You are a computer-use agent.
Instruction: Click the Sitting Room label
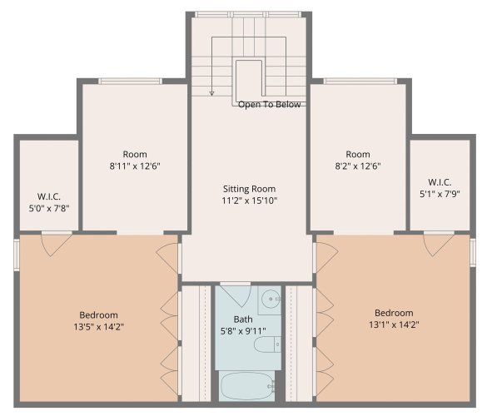tap(249, 189)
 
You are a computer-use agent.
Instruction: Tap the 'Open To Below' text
tap(269, 104)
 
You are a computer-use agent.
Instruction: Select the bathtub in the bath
tap(247, 386)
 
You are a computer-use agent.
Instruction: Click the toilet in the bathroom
tap(267, 344)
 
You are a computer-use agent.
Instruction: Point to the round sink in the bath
tap(271, 299)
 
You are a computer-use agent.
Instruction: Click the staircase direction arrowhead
tap(211, 93)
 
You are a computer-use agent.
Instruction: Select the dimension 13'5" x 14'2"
tap(99, 327)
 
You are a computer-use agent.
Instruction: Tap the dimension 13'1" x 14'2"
tap(394, 324)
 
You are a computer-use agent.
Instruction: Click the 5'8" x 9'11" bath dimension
tap(243, 331)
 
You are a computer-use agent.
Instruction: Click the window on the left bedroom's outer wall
tap(17, 255)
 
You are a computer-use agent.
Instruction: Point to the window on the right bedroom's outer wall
tap(473, 253)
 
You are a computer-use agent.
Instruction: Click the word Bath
tap(243, 319)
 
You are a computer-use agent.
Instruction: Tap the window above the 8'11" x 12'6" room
tap(131, 82)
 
